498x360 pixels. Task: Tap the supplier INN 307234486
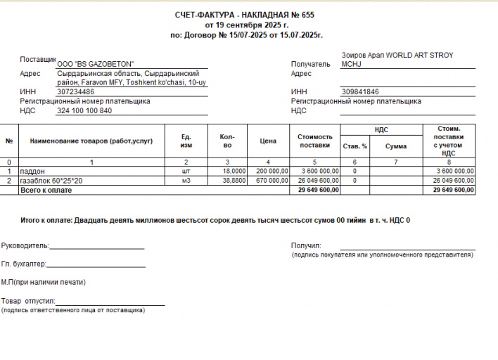76,92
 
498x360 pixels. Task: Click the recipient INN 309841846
360,92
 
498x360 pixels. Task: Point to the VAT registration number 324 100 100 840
84,110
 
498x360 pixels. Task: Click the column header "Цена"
267,141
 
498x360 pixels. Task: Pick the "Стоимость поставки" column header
314,141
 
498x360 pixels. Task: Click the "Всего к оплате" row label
46,190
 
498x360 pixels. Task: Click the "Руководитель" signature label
25,246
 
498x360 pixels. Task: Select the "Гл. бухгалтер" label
23,264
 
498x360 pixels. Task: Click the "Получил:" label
306,245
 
